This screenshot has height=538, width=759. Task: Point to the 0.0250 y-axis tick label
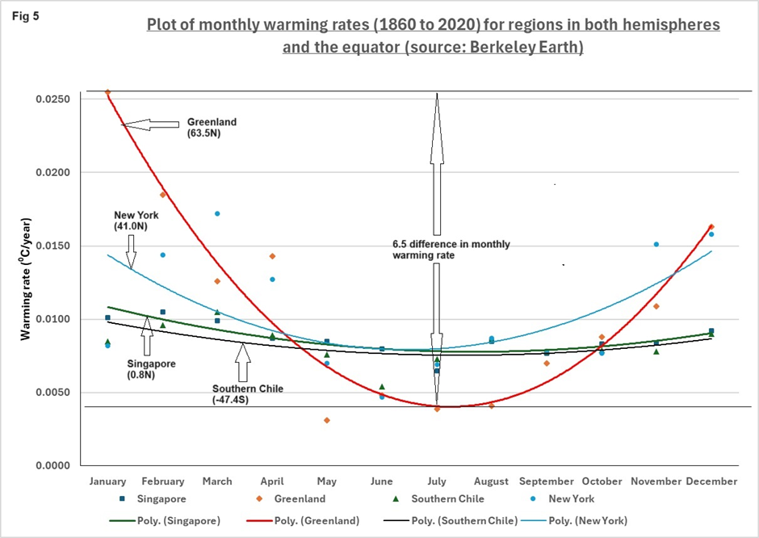[53, 99]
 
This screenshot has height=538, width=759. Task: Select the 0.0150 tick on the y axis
[53, 246]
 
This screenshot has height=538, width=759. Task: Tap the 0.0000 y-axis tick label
[53, 466]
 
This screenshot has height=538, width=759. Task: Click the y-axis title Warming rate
[26, 284]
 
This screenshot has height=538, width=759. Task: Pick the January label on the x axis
[107, 481]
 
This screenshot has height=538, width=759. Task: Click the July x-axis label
[437, 481]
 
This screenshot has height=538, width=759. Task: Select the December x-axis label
[711, 481]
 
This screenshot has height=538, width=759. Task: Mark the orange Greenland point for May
[327, 420]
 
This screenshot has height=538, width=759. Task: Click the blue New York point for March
[217, 213]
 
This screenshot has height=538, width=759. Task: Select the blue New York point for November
[656, 244]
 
